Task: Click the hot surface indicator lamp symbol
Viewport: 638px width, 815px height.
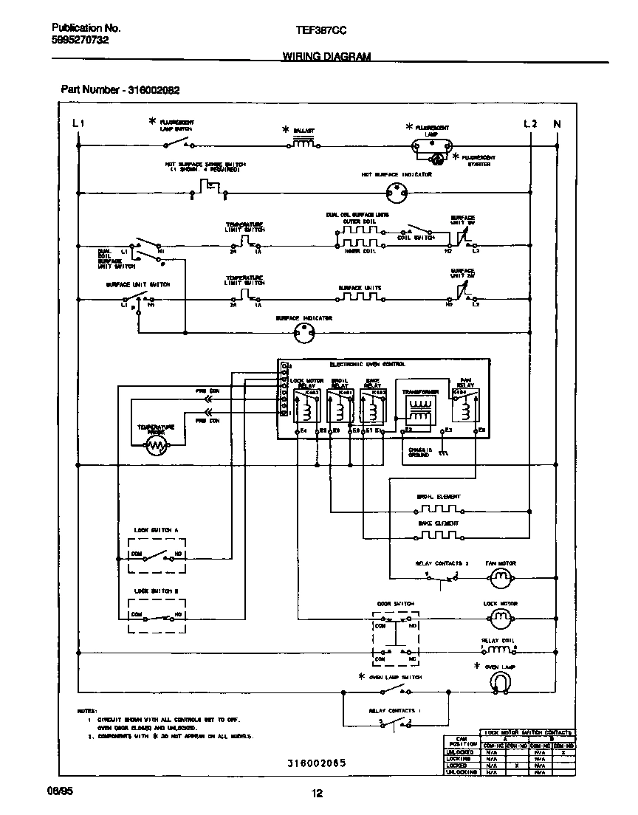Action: coord(397,194)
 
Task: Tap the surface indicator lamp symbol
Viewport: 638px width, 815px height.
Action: coord(303,334)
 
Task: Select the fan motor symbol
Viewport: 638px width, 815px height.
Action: coord(501,580)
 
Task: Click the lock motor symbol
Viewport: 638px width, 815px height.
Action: coord(501,619)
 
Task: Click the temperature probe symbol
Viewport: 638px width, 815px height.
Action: coord(157,444)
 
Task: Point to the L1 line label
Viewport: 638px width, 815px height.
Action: coord(78,124)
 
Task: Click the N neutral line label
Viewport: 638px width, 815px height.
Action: coord(557,124)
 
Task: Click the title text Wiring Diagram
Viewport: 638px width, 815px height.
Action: coord(326,56)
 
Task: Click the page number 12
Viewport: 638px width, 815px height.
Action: coord(318,794)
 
